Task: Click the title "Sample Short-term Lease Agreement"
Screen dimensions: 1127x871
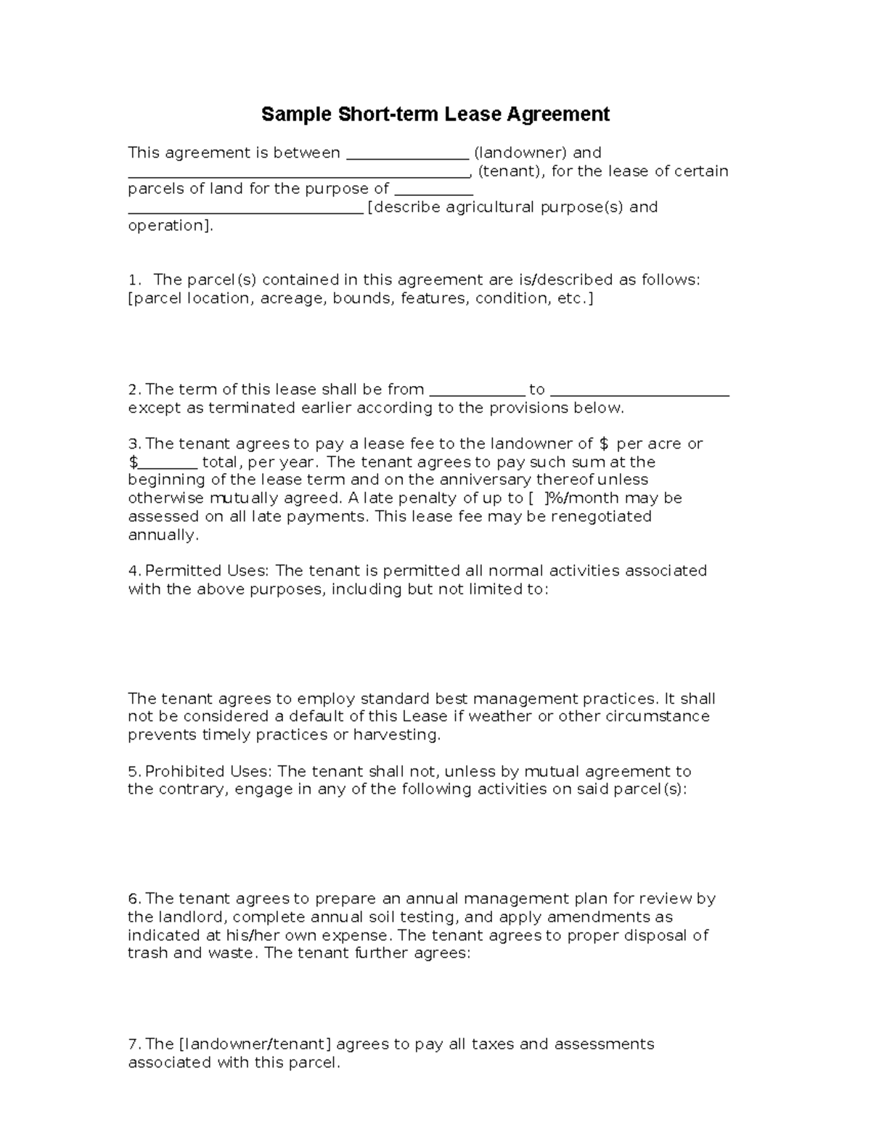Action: point(435,115)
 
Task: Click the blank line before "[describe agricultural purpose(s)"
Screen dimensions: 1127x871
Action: point(245,211)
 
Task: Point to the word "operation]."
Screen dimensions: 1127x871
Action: point(171,226)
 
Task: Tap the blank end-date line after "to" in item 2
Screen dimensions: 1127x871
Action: point(639,393)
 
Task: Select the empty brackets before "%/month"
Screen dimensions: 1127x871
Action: point(536,499)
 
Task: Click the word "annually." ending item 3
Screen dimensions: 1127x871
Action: point(163,535)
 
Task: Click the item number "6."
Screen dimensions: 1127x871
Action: point(134,899)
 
